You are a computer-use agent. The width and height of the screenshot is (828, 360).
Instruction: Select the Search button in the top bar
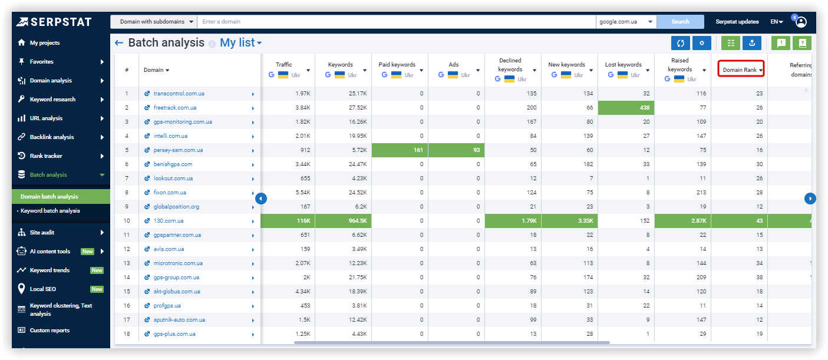tap(680, 22)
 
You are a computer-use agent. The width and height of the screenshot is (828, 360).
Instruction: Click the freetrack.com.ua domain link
tap(174, 108)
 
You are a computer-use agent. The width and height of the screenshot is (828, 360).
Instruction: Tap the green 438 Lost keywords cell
tap(626, 108)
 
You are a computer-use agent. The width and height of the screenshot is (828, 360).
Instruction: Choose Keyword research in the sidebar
tap(52, 100)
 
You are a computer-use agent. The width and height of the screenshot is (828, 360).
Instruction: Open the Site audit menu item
tap(42, 233)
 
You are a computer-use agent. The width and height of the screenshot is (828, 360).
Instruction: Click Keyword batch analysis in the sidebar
tap(50, 211)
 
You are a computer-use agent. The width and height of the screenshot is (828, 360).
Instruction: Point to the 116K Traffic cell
tap(288, 221)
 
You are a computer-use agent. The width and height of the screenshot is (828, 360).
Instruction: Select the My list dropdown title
tap(240, 43)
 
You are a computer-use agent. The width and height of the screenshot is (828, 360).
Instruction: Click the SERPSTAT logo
tap(54, 22)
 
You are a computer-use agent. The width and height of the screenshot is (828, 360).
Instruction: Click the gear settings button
tap(701, 43)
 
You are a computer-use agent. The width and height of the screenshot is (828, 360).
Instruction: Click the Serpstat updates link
tap(737, 22)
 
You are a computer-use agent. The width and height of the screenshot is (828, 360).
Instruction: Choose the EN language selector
tap(776, 22)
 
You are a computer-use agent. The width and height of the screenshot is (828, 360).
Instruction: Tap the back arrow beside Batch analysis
tap(119, 43)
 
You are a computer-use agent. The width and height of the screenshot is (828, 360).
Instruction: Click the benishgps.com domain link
tap(173, 164)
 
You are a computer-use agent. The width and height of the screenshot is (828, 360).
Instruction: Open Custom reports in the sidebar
tap(50, 331)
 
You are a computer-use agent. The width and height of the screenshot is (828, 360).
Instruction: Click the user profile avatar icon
tap(801, 22)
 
